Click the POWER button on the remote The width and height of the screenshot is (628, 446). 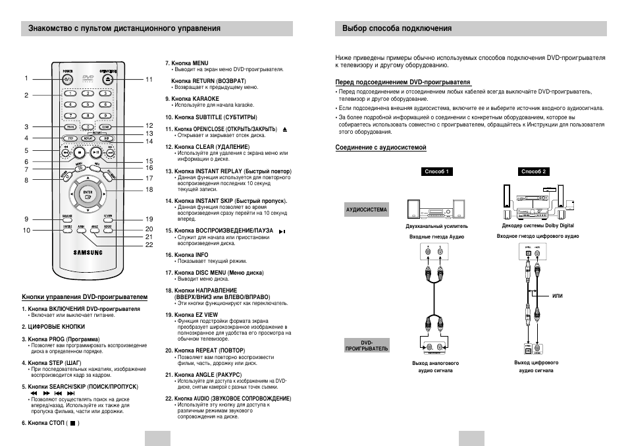(x=68, y=78)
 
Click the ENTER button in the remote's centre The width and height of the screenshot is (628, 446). (x=87, y=194)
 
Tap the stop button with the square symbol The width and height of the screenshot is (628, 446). (x=78, y=152)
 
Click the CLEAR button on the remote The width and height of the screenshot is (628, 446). (x=105, y=126)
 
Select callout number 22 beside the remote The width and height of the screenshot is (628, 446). (x=149, y=244)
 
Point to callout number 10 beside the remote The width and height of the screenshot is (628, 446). (x=27, y=230)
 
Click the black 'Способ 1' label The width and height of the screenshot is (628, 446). (x=437, y=171)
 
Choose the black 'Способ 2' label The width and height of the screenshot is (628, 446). (x=534, y=171)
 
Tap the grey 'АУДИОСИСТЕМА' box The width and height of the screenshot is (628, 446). (x=366, y=211)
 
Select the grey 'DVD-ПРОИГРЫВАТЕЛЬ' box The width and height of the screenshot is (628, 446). (x=366, y=345)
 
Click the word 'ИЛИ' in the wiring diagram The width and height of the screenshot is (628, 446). (x=557, y=296)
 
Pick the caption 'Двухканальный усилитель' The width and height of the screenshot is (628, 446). (x=432, y=226)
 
